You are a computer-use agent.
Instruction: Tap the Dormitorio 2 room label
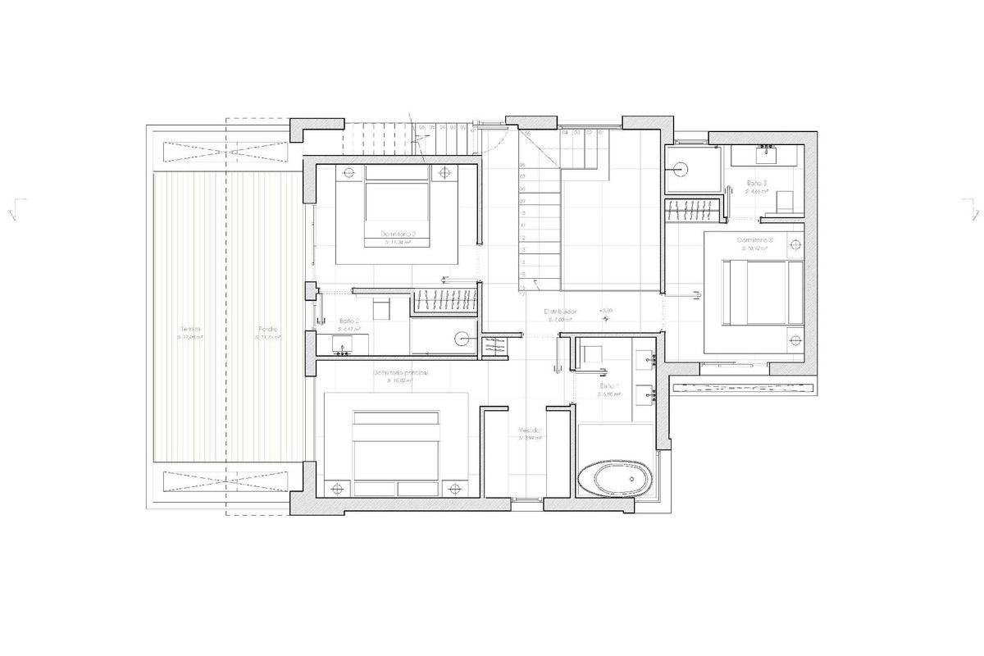[399, 234]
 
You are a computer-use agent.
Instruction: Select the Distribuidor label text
[561, 312]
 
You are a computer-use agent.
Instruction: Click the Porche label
[266, 330]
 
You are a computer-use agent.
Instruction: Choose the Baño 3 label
[758, 182]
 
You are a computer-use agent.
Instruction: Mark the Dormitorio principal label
[400, 373]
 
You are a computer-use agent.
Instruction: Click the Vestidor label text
[528, 431]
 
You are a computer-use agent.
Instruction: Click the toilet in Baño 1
[590, 358]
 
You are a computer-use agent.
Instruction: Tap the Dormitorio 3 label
[756, 240]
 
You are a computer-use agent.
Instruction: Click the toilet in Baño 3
[785, 201]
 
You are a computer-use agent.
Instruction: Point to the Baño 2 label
[348, 321]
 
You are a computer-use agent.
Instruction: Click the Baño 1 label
[608, 385]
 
